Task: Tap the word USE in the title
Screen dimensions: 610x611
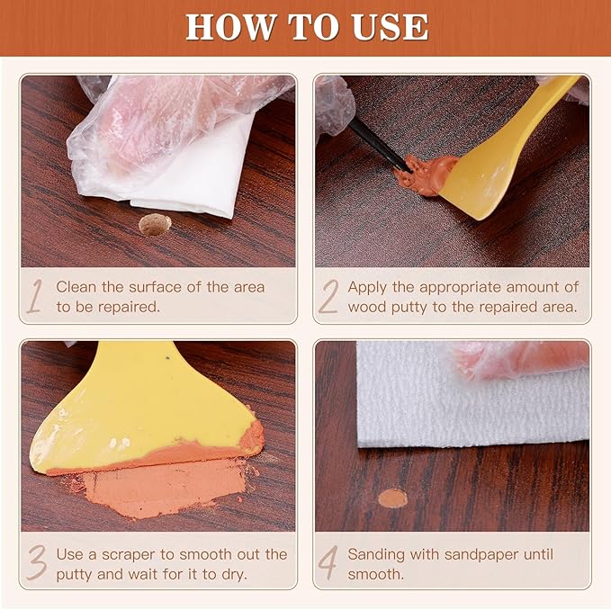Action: tap(391, 27)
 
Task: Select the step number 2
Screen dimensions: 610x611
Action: tap(328, 298)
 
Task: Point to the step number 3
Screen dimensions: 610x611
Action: tap(34, 562)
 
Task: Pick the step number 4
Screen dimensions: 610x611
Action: tap(329, 563)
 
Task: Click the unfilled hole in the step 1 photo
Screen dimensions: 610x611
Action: tap(154, 225)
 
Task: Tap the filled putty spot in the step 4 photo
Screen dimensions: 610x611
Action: tap(392, 498)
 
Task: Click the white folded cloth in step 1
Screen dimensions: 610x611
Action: tap(193, 171)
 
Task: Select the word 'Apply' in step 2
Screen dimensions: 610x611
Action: tap(367, 287)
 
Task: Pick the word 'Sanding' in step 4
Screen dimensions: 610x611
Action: tap(377, 554)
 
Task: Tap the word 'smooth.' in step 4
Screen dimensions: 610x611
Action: tap(376, 574)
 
